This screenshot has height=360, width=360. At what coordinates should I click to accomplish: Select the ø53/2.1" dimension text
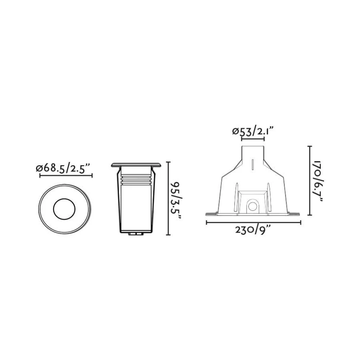click(x=253, y=131)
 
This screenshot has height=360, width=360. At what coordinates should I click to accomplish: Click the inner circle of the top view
click(x=65, y=208)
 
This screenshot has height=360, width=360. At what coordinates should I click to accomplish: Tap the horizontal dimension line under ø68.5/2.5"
click(x=66, y=176)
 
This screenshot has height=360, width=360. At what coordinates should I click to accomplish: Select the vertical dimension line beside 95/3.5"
click(x=168, y=198)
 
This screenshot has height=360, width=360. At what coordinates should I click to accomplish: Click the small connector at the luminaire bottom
click(x=136, y=235)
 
